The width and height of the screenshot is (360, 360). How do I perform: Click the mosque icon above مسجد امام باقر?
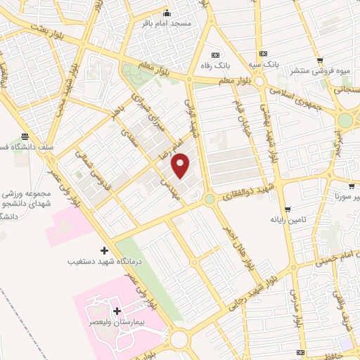point(166,13)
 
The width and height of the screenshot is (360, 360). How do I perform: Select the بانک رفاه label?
point(215,65)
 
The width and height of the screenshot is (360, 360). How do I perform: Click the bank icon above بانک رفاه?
point(215,53)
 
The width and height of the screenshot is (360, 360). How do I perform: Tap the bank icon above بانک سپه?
point(263,53)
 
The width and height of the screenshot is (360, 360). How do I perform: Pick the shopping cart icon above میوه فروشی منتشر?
point(321,60)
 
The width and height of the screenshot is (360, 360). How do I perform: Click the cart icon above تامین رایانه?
point(288,209)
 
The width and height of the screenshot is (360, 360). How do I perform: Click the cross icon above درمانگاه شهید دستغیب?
point(104,250)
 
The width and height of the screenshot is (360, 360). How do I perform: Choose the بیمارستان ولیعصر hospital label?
point(116,321)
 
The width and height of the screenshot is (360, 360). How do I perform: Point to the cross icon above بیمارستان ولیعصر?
point(117,310)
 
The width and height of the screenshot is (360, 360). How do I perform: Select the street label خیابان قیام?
point(238,116)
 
